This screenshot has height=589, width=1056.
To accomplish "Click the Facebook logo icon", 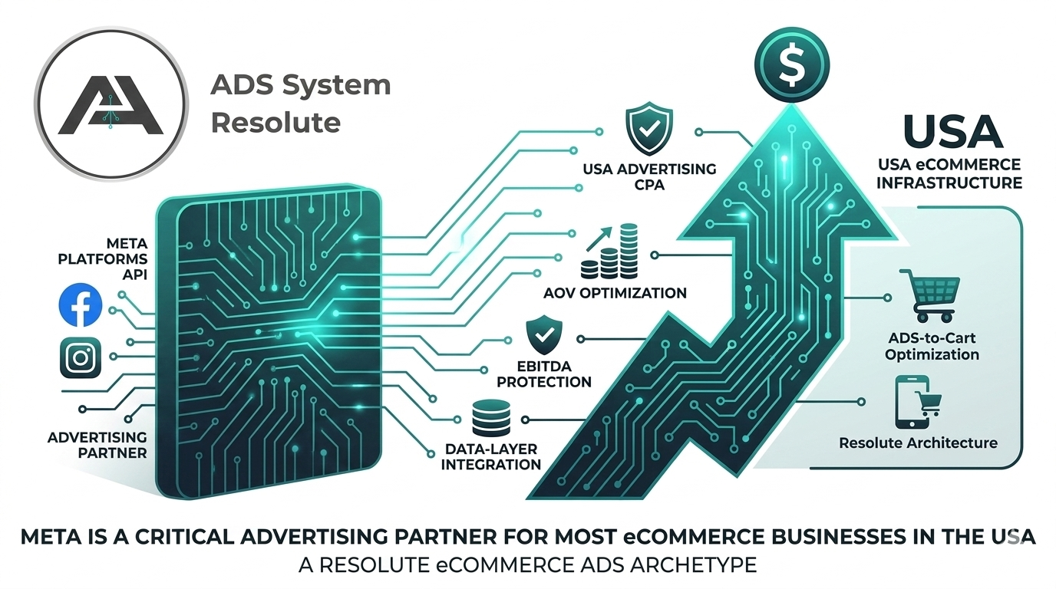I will click(x=81, y=305).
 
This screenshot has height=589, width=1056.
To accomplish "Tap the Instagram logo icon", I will click(x=81, y=357).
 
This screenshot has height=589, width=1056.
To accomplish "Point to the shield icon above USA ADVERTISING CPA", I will click(x=649, y=131).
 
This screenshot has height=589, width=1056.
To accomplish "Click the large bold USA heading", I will click(x=952, y=131).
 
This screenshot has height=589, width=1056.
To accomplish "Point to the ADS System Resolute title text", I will click(x=300, y=103).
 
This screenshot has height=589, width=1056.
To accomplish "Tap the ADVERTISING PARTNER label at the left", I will click(x=97, y=444).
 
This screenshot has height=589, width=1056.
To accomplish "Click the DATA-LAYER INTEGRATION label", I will click(x=491, y=456).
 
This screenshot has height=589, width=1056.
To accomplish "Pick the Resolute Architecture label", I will click(x=918, y=443).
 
